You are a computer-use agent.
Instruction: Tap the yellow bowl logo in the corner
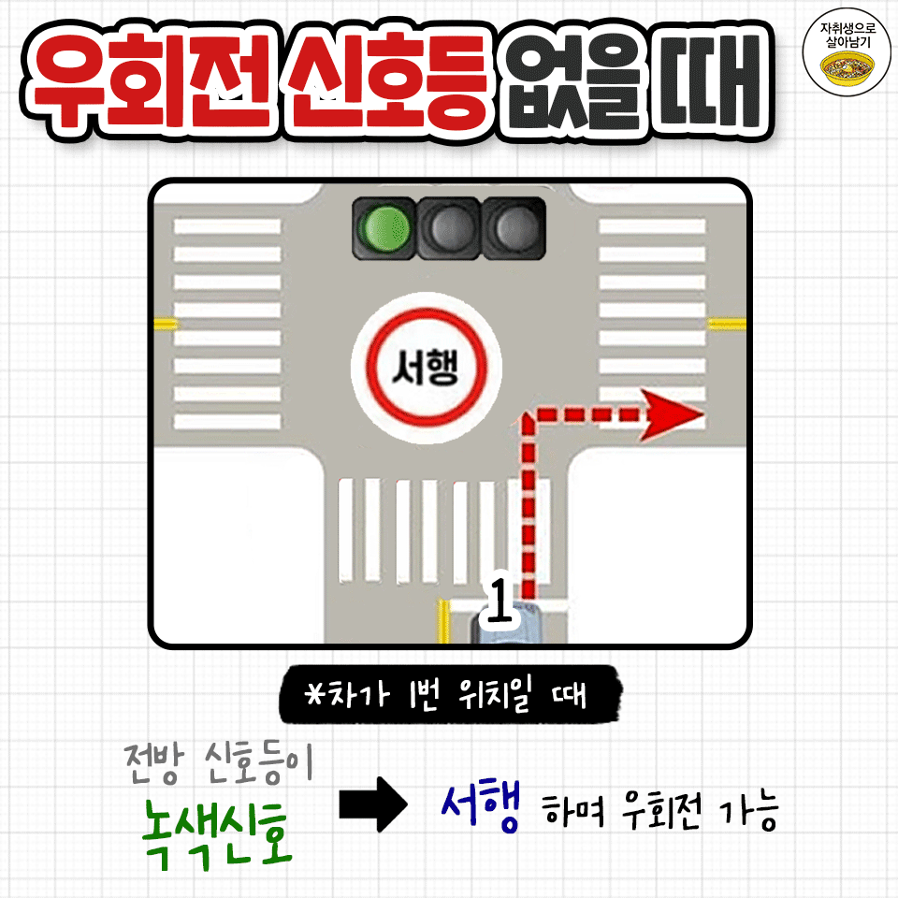[847, 67]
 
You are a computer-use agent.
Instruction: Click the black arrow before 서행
[372, 806]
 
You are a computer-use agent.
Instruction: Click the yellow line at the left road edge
[166, 324]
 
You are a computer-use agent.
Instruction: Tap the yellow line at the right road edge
[727, 324]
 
